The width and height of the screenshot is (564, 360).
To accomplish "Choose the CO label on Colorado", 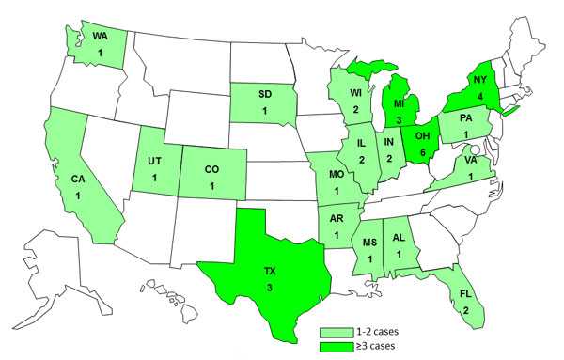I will [213, 169].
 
